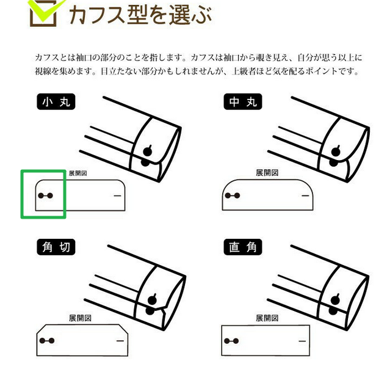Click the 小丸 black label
(x=56, y=101)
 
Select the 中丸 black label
(x=243, y=101)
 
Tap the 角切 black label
(x=56, y=247)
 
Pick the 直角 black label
(x=243, y=247)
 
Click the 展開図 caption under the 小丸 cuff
(x=78, y=173)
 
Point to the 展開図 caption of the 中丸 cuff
(x=267, y=172)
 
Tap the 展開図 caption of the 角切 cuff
(x=80, y=318)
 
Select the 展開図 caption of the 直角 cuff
(x=267, y=318)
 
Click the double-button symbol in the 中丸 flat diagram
(x=233, y=195)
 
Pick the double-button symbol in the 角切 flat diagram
(x=47, y=341)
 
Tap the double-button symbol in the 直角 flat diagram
(x=231, y=341)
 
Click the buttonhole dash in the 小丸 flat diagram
(x=117, y=195)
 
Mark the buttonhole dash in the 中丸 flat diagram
(x=306, y=195)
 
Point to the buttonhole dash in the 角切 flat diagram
(x=120, y=341)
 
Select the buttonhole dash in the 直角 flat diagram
(x=302, y=341)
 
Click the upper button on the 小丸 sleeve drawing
(x=148, y=151)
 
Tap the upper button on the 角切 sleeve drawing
(x=152, y=300)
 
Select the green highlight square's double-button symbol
(x=45, y=195)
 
